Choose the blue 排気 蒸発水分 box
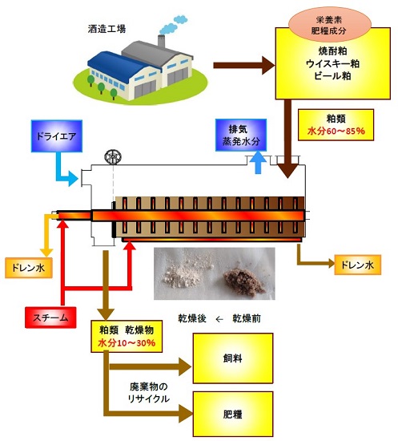tap(243, 134)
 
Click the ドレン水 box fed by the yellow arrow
tap(29, 265)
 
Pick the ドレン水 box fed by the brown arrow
tap(356, 263)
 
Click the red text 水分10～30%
tap(126, 343)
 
